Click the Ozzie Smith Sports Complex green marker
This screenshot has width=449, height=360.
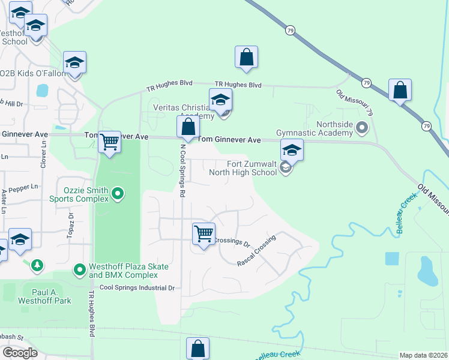click(x=118, y=193)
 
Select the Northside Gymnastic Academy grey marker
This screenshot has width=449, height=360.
click(x=361, y=127)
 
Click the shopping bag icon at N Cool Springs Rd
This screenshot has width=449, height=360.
click(x=188, y=127)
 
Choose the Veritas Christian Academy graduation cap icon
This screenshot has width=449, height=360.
click(x=220, y=99)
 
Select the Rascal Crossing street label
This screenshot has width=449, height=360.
click(x=256, y=250)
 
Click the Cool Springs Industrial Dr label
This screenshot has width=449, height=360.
click(x=137, y=288)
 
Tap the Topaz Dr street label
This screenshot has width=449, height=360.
click(x=70, y=223)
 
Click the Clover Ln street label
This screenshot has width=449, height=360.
click(x=43, y=153)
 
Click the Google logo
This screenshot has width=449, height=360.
click(x=20, y=353)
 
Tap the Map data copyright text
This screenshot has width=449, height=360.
click(x=423, y=355)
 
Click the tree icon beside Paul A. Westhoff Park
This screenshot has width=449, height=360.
click(x=37, y=265)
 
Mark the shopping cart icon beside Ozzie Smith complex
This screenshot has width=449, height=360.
click(x=109, y=142)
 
